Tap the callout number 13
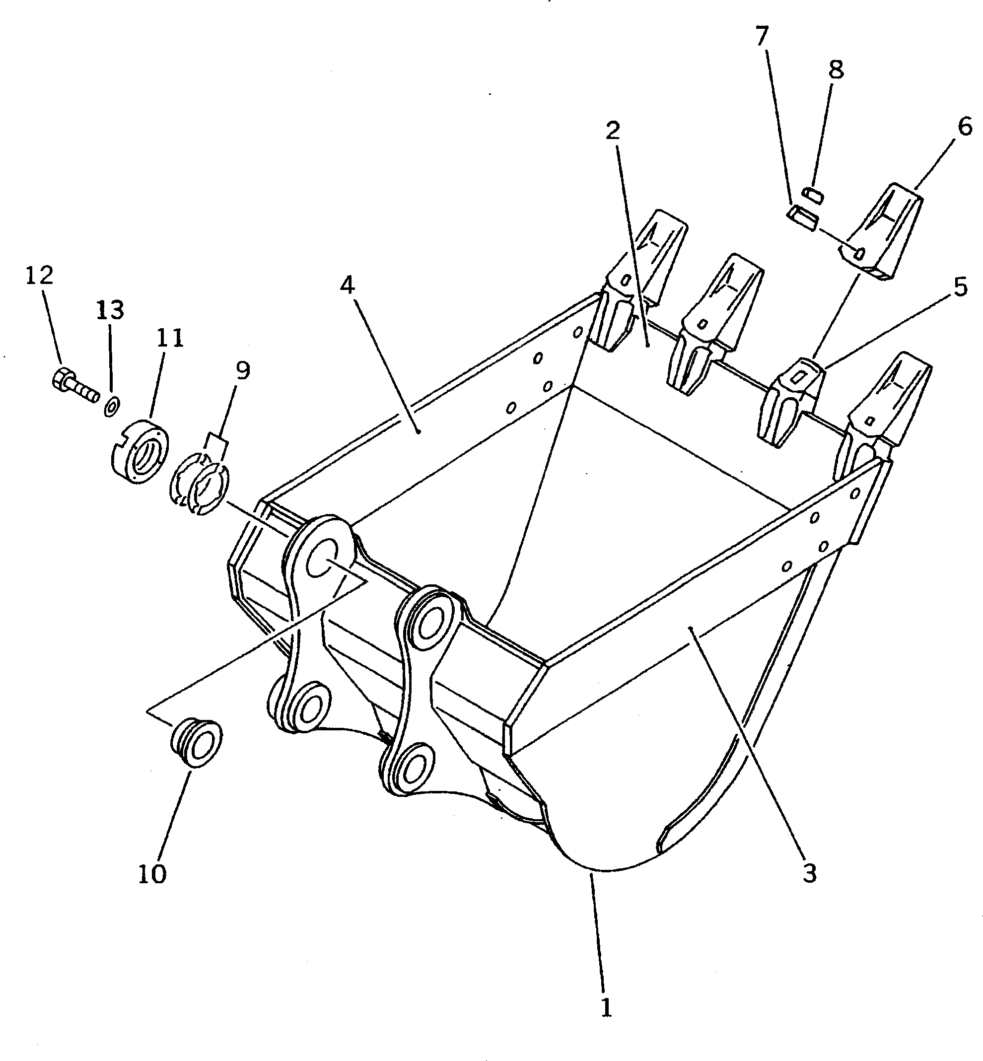coord(110,309)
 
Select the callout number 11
coord(169,337)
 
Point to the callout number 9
coord(243,370)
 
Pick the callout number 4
coord(347,285)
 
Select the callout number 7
coord(762,36)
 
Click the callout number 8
coord(836,70)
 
